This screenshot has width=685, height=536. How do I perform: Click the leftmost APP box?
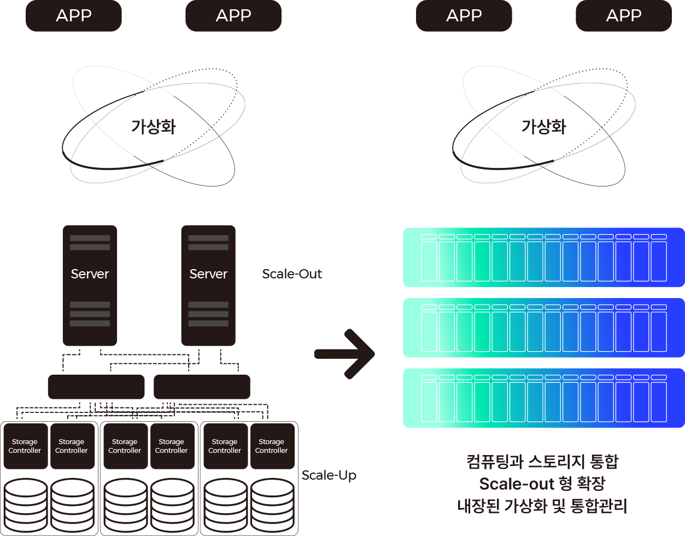point(74,15)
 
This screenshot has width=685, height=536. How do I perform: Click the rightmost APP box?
point(623,15)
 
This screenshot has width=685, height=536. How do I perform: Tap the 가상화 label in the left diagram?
point(154,127)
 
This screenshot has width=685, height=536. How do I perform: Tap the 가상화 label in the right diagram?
point(544,127)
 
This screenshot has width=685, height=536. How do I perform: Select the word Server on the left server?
point(90,273)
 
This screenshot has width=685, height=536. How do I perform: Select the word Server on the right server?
point(208,273)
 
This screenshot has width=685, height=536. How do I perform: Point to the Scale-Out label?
point(292,273)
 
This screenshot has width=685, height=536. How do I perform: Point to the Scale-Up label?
point(329,475)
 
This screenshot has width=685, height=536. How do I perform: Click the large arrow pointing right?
point(346,354)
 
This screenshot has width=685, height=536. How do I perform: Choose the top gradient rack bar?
point(543,257)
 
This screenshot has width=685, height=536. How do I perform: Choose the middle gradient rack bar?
point(543,328)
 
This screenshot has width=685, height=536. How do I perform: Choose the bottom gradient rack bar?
point(543,398)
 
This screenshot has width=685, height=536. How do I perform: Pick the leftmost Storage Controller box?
point(25,446)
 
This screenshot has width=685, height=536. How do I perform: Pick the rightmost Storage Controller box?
point(272,446)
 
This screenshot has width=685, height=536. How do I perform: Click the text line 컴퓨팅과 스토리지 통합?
point(542,462)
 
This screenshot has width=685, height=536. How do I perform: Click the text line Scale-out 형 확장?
point(542,484)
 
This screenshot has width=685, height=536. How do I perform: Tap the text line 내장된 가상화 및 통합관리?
point(542,506)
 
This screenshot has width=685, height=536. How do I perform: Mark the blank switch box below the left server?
point(96,387)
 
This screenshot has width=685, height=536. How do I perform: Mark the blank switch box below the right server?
point(202,387)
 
